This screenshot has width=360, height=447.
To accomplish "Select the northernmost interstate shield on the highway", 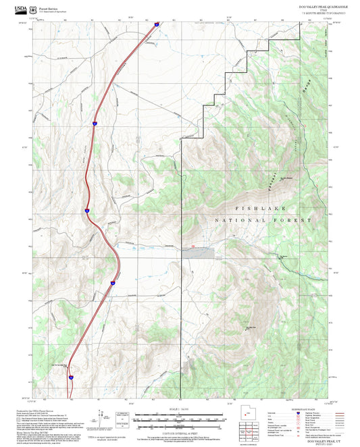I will click(157, 24).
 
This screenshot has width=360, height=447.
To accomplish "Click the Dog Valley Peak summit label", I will click(250, 327).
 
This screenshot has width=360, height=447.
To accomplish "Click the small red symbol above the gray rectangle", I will click(194, 246).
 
